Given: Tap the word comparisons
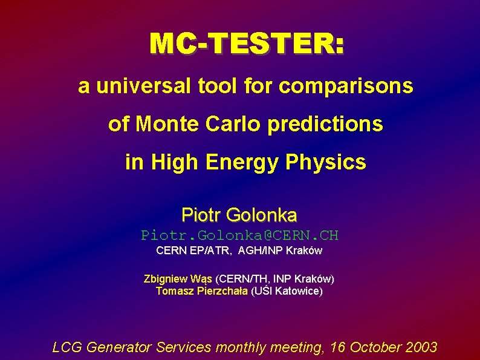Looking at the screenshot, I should [x=346, y=87].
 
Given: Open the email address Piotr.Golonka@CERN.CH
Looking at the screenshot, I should [x=239, y=235].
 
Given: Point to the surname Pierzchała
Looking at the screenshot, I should [x=219, y=291].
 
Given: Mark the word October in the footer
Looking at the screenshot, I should [x=379, y=347].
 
